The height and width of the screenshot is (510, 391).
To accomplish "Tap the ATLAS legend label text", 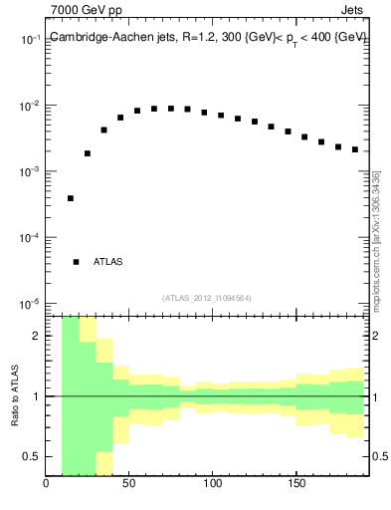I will point(107,262).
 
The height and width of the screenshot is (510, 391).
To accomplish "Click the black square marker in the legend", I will point(76,262).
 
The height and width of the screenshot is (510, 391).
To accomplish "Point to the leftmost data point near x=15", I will point(71,198).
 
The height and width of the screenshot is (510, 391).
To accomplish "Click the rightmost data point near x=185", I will point(354,149).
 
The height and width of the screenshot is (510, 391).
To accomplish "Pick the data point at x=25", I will point(88,153).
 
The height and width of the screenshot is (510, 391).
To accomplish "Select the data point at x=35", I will point(103,129).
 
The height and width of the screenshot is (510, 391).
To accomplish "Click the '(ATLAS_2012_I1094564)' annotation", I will point(207,297).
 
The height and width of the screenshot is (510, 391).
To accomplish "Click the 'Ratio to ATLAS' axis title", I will point(16,395).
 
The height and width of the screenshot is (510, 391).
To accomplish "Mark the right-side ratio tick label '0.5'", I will point(380,456).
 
